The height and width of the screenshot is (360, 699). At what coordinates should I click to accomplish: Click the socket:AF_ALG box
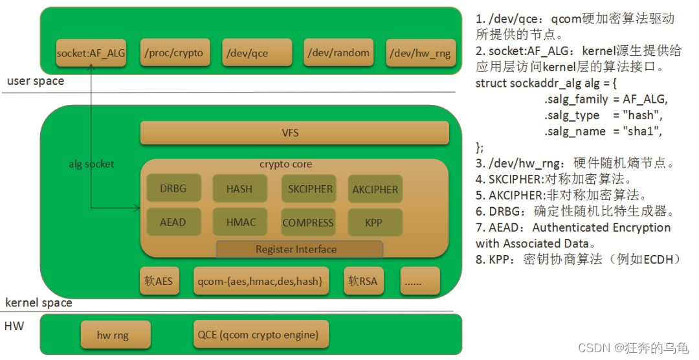tap(90, 52)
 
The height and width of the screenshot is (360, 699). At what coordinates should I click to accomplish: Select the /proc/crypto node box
tap(174, 52)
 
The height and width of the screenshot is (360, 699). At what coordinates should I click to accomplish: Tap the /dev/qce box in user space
tap(254, 52)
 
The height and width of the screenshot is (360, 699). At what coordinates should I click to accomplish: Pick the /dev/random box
tap(338, 52)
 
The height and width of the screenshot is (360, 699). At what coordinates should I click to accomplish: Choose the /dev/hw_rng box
tap(419, 52)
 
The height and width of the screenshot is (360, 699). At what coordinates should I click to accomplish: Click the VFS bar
tap(294, 133)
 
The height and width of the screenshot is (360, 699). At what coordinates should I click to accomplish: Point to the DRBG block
tap(173, 189)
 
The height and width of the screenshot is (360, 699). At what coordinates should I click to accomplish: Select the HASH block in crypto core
tap(239, 189)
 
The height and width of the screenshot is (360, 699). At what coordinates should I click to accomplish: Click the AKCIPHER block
tap(375, 189)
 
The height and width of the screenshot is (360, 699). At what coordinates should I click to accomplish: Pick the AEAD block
tap(173, 222)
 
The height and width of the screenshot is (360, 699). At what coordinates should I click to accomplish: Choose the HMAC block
tap(241, 222)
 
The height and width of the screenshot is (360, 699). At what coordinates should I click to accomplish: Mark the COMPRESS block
tap(308, 222)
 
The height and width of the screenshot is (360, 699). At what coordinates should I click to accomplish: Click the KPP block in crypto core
tap(374, 222)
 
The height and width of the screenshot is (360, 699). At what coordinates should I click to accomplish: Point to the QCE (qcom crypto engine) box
tap(260, 335)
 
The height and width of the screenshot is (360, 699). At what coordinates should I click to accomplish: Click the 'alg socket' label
tap(91, 164)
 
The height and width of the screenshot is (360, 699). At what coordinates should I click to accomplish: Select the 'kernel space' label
tap(39, 302)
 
